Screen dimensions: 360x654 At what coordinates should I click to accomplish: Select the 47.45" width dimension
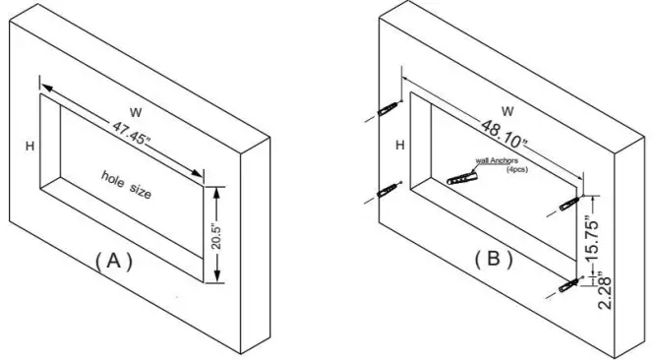click(141, 139)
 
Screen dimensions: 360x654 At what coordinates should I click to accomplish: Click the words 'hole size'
click(128, 185)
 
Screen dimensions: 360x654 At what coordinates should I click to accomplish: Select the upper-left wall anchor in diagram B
click(389, 104)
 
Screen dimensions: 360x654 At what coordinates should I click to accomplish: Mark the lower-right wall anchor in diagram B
click(568, 285)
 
